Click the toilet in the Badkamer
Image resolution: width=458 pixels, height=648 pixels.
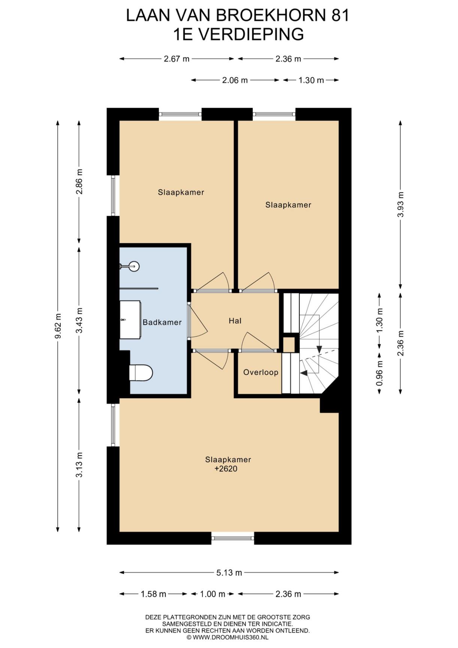[141, 373]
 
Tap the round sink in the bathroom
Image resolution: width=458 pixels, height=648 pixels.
[133, 267]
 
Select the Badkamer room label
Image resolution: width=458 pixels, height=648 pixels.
[162, 322]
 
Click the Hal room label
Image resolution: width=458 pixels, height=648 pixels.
[235, 321]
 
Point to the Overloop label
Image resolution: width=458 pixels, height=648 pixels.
[260, 372]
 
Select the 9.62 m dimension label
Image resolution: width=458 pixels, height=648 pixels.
[58, 326]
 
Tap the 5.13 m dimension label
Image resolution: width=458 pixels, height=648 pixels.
[229, 573]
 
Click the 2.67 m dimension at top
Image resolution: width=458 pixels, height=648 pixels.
[177, 59]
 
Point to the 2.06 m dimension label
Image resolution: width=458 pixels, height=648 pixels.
[235, 80]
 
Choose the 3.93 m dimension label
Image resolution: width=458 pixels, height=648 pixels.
[401, 204]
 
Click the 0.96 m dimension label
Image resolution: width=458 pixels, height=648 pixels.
[379, 373]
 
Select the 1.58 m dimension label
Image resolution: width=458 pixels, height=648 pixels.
[153, 594]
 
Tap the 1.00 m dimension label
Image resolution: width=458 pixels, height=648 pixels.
[213, 594]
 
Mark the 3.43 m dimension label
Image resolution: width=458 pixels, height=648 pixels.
[79, 320]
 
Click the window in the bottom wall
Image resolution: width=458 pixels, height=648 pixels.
[233, 538]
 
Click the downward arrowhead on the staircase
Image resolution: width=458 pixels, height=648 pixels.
[319, 349]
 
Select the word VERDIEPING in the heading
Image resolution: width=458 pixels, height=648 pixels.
[250, 34]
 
